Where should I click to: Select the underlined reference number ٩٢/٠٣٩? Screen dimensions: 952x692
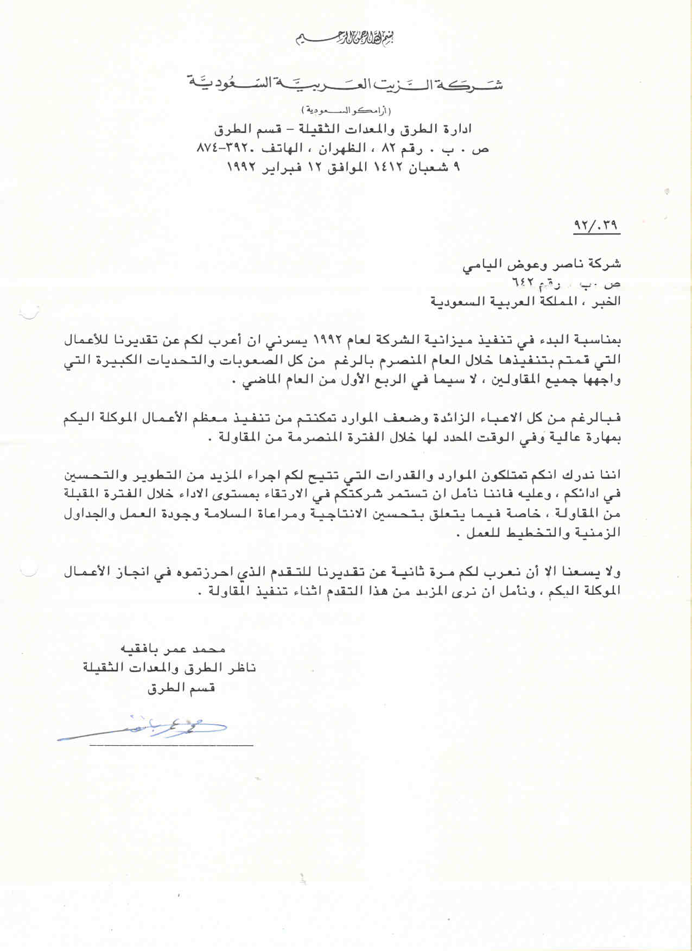[596, 225]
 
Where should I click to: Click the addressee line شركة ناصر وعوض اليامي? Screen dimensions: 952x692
[541, 265]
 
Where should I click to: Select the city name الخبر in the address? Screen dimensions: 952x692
[607, 302]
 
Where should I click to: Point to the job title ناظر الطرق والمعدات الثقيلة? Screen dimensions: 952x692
[169, 668]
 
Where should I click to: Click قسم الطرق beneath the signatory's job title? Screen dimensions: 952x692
[181, 688]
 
